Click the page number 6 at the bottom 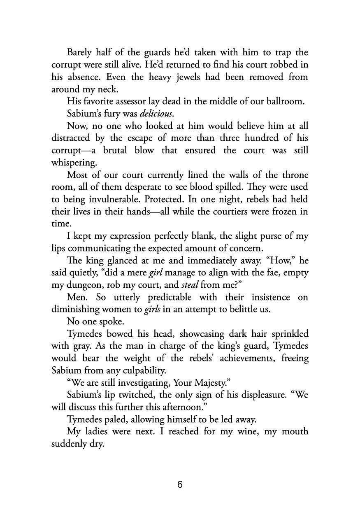[180, 484]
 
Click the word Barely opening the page [79, 53]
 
